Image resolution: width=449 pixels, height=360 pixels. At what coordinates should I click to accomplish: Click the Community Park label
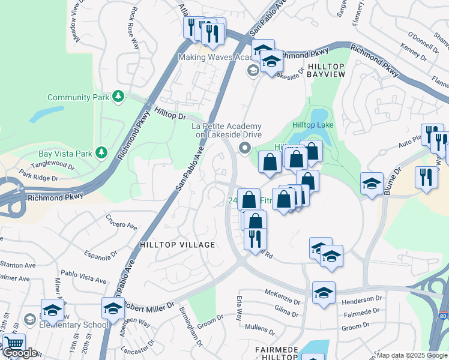tap(78, 97)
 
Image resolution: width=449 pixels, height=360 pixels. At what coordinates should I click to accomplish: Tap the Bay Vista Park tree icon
tap(103, 154)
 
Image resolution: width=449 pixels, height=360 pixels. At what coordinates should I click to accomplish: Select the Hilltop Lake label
tap(312, 125)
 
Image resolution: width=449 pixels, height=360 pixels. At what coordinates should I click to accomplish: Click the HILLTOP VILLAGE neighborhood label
tap(177, 245)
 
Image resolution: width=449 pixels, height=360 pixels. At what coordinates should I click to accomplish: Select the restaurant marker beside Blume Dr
tap(426, 177)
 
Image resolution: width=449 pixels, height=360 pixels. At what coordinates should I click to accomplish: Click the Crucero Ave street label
tap(121, 222)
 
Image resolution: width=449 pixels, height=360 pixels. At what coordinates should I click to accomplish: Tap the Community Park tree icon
tap(119, 96)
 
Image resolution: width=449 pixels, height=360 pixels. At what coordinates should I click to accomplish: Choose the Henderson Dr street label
tap(362, 298)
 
